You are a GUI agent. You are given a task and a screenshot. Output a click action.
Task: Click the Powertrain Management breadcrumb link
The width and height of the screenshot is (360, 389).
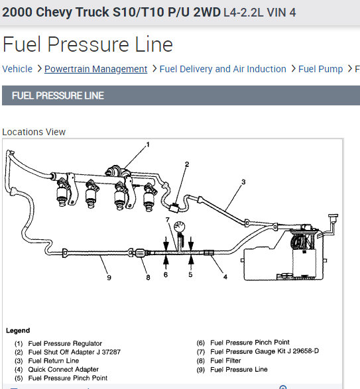(x=96, y=69)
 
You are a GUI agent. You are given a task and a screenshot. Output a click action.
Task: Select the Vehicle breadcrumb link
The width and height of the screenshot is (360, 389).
(x=17, y=69)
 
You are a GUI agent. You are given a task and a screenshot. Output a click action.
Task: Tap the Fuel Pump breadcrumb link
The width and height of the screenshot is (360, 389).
(x=320, y=69)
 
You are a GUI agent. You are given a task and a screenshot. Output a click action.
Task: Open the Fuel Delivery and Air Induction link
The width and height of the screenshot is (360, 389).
(x=223, y=69)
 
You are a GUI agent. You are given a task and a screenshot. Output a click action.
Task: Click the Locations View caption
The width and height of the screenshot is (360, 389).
(x=34, y=132)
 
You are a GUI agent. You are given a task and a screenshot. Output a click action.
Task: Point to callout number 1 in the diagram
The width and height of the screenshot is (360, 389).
(x=148, y=144)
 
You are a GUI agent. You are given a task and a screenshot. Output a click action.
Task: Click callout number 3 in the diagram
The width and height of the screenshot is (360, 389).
(x=243, y=182)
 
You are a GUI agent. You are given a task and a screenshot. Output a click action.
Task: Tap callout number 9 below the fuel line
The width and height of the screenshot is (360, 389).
(x=109, y=278)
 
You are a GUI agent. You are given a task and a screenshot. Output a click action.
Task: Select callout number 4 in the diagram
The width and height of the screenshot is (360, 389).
(x=225, y=276)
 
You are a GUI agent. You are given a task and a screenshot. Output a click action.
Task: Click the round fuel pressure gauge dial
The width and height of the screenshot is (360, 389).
(x=180, y=227)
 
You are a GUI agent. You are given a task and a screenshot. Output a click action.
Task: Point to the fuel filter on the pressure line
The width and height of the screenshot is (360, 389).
(x=141, y=252)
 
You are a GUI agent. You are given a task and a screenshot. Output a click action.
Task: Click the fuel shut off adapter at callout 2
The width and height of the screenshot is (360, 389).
(x=175, y=207)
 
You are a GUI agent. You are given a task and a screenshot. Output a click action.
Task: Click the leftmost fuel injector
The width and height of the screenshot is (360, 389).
(x=62, y=193)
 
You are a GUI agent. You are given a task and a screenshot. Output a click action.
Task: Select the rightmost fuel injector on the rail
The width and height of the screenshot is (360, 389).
(x=149, y=197)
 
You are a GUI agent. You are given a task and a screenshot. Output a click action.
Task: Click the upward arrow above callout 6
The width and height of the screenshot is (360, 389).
(x=166, y=262)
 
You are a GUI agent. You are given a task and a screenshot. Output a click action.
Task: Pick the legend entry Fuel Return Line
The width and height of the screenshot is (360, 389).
(x=54, y=361)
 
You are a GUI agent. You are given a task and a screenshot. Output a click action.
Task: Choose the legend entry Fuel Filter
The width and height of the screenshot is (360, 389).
(x=225, y=361)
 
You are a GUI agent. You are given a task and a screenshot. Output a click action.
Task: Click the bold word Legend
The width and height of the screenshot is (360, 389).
(x=18, y=331)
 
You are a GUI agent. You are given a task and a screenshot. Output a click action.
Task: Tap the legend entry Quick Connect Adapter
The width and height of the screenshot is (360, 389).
(x=63, y=369)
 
